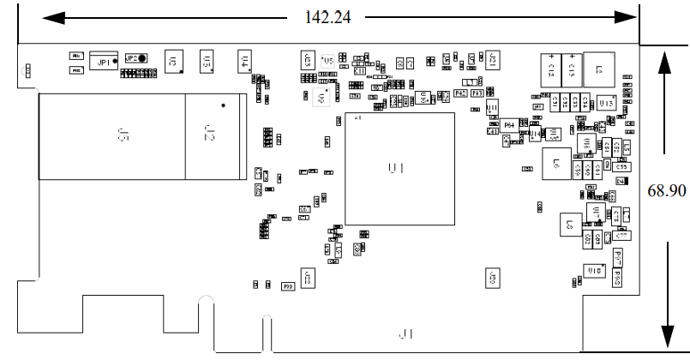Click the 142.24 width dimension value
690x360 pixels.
click(329, 16)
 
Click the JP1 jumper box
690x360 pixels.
click(103, 62)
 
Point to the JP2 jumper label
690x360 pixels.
click(132, 58)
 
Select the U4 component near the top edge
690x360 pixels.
click(244, 61)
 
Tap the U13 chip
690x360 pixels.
click(605, 102)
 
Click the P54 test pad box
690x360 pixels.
click(510, 125)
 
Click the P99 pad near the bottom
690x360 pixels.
click(288, 285)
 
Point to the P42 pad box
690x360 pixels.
click(461, 93)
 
